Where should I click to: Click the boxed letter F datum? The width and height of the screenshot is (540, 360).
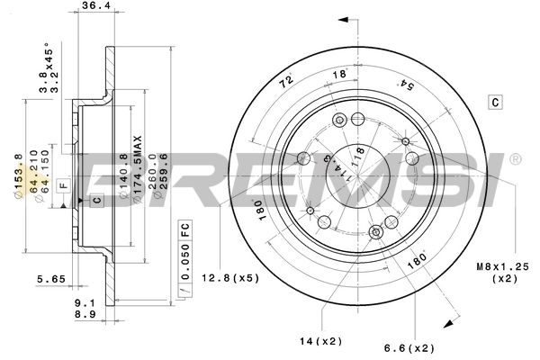point(62,184)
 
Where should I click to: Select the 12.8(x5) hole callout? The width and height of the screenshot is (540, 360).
point(230,277)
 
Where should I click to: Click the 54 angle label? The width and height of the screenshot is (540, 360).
point(407,85)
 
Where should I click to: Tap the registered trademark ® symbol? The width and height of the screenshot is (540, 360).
point(513,160)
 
